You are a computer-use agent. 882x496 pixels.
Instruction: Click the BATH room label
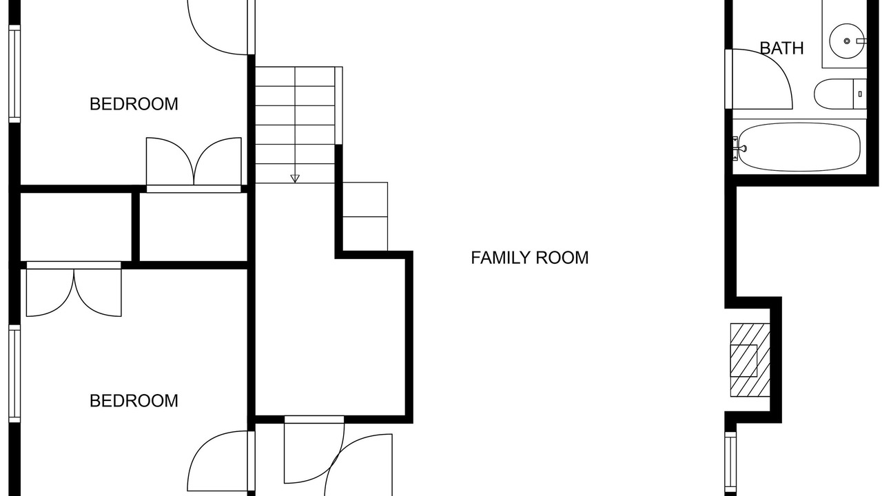point(781,48)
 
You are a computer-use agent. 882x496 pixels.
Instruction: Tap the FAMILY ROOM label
point(530,258)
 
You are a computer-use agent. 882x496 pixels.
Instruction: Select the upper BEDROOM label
point(134,104)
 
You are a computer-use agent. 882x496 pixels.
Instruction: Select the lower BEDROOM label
point(134,401)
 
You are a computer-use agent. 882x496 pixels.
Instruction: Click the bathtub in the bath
point(799,147)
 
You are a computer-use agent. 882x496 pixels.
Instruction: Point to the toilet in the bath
point(840,94)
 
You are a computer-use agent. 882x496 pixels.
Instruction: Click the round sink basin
point(847,41)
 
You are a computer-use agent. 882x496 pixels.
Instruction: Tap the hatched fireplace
point(750,360)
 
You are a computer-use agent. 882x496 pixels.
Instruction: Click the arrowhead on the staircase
point(295,178)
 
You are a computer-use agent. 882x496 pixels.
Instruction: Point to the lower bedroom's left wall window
point(14,373)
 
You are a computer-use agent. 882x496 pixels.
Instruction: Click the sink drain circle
point(847,41)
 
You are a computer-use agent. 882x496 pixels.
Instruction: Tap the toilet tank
point(860,94)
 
